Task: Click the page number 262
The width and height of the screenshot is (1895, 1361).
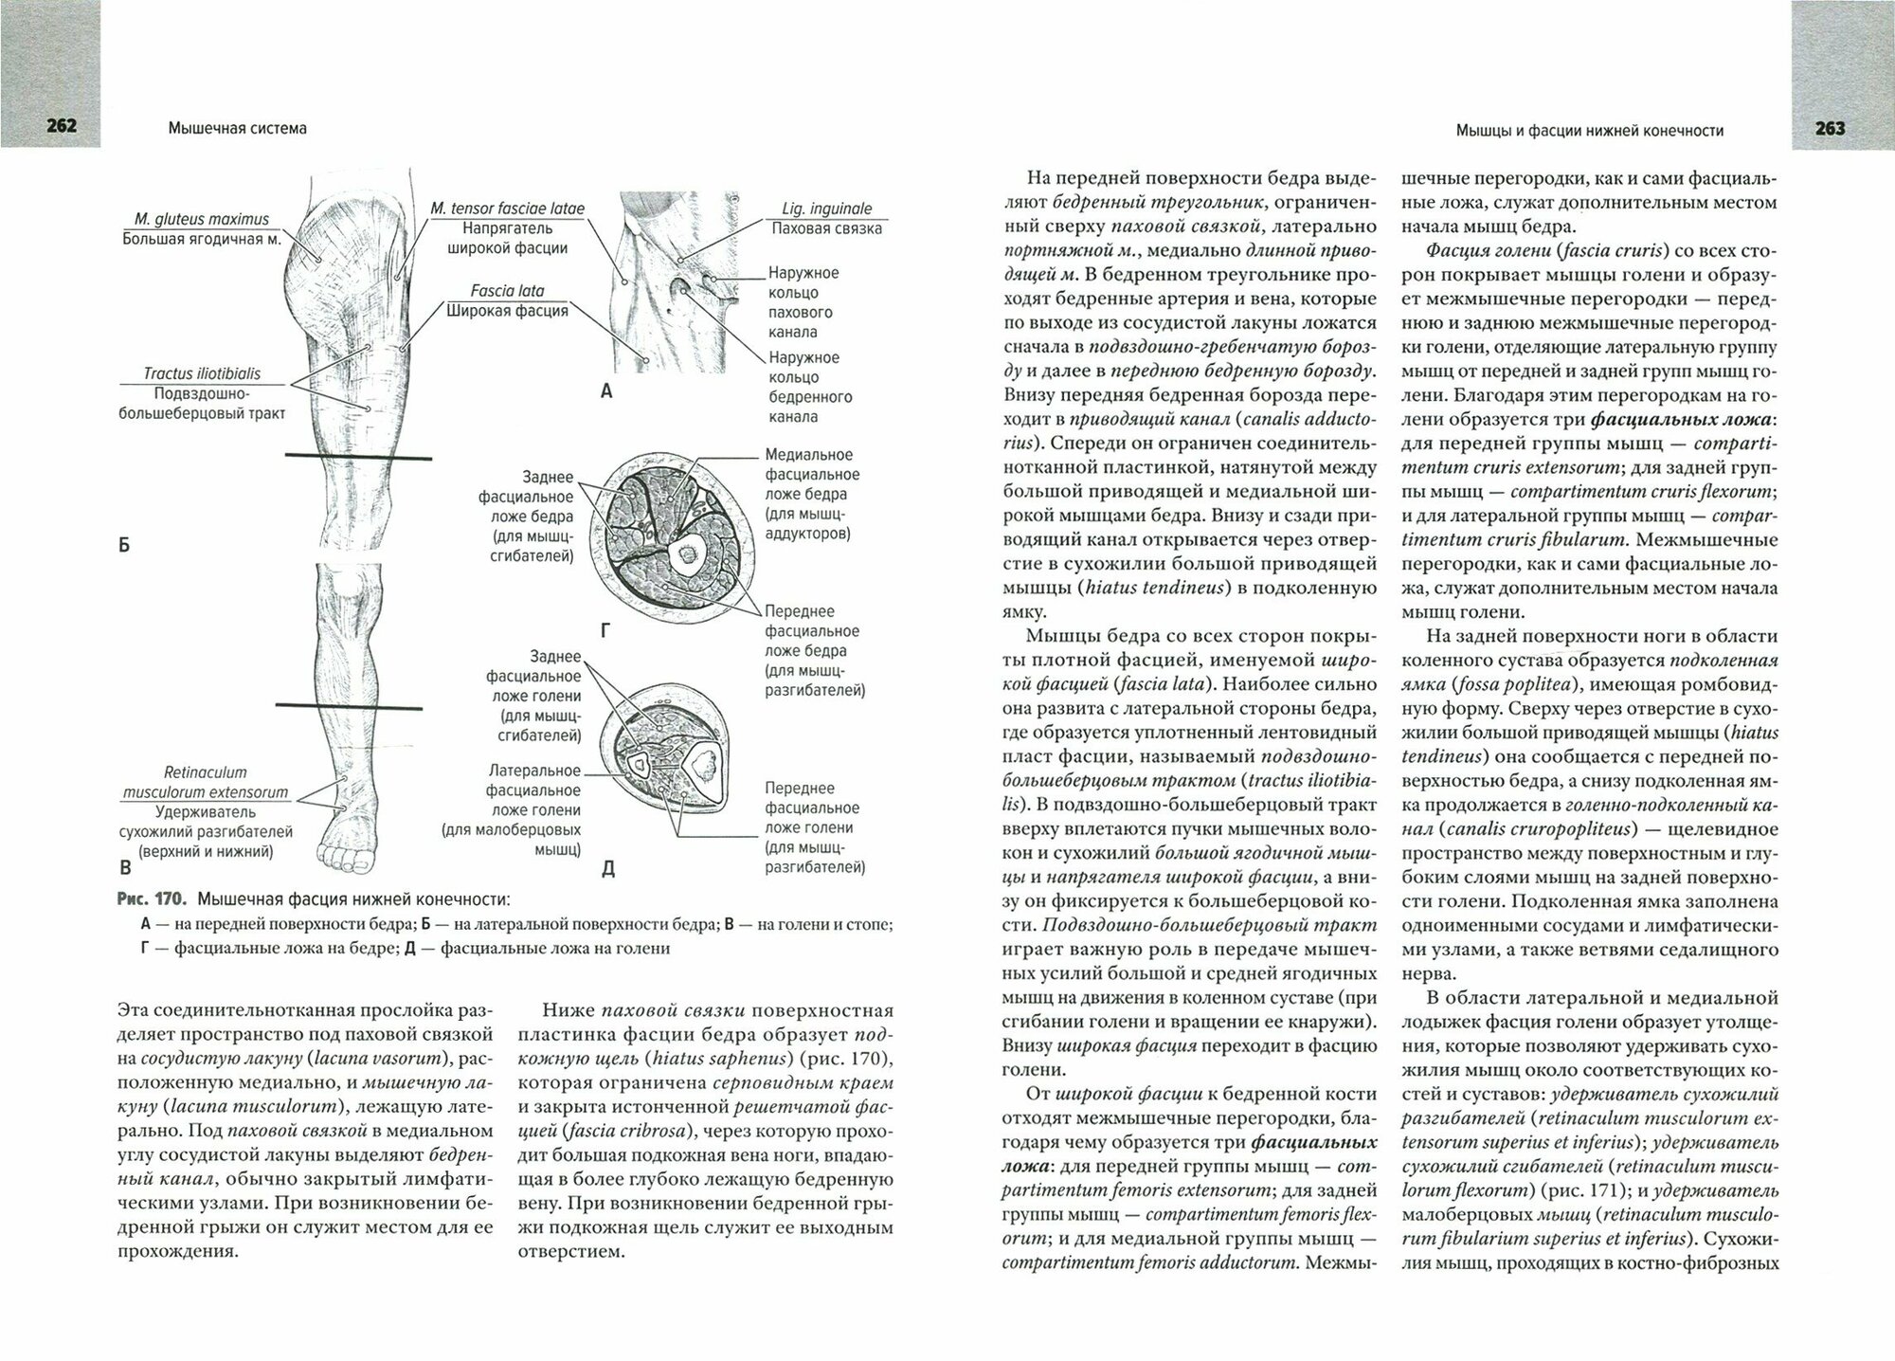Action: click(x=50, y=128)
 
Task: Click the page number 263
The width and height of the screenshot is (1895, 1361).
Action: click(x=1830, y=128)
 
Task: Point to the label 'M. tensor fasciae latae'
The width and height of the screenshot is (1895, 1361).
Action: click(x=507, y=209)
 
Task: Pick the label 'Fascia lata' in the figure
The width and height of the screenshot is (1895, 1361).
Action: click(x=507, y=291)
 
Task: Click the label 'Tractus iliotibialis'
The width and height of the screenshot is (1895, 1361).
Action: click(x=201, y=373)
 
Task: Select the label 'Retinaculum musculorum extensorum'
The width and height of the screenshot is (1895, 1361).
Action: click(x=205, y=782)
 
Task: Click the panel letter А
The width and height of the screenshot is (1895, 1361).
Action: click(x=607, y=390)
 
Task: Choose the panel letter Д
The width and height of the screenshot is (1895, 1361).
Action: click(x=608, y=868)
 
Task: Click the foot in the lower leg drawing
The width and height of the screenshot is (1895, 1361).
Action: click(x=346, y=843)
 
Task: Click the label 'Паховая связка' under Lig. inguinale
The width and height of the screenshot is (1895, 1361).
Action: click(x=826, y=228)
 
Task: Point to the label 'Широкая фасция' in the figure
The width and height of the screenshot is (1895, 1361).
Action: click(x=507, y=310)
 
